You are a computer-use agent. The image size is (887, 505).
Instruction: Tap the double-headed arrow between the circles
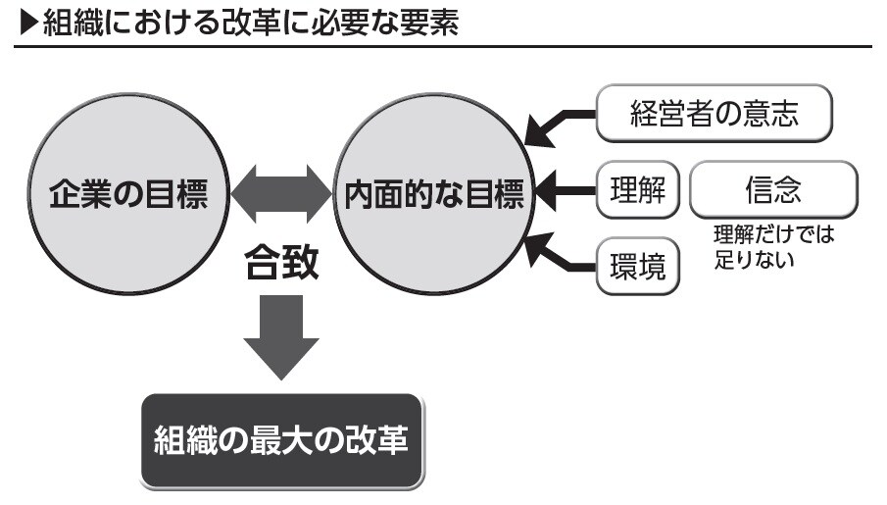[281, 193]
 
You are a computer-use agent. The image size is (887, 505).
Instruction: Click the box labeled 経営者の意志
[715, 115]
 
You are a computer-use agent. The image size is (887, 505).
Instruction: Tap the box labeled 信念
[773, 190]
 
